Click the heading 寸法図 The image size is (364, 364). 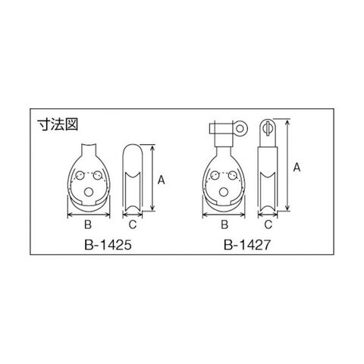58,124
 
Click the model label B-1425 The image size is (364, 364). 108,245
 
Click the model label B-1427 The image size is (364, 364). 247,245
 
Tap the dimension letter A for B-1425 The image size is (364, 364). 161,180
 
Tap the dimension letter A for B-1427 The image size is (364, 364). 297,168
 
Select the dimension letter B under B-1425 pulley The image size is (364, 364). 88,224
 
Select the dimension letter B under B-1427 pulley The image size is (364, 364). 224,224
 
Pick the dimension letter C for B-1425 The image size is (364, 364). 133,224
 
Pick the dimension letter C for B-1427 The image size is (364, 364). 268,224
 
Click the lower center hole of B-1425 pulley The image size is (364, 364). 88,193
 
